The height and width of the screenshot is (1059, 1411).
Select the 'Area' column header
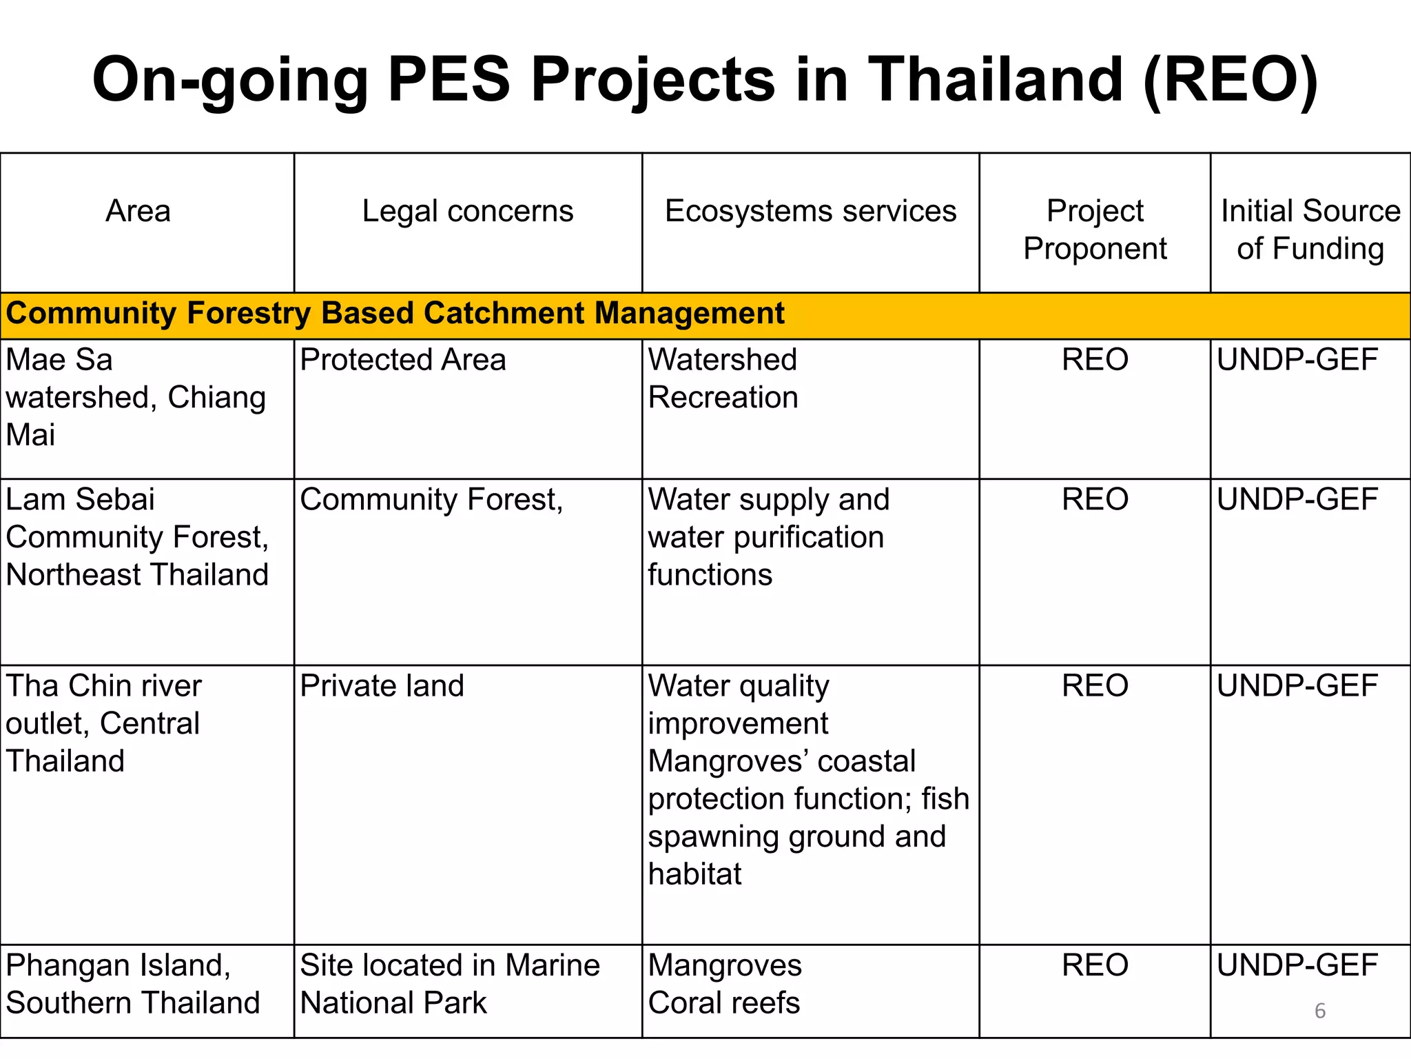pos(138,211)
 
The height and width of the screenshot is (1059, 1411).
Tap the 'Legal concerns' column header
pos(468,211)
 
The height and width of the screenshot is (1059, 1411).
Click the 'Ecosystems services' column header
pos(810,211)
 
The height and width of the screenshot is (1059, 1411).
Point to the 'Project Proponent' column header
pos(1095,230)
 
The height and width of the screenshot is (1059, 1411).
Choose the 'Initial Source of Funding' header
pos(1310,230)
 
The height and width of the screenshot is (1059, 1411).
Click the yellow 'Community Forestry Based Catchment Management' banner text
pos(395,314)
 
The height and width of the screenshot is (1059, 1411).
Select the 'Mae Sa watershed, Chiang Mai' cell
pos(136,398)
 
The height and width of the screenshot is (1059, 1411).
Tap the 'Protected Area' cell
pos(403,360)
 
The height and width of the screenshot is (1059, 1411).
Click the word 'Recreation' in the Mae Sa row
pos(723,398)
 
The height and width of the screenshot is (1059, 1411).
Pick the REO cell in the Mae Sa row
pos(1095,360)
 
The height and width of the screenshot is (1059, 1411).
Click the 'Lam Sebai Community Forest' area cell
pos(137,537)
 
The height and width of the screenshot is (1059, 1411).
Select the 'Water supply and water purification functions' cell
pos(768,537)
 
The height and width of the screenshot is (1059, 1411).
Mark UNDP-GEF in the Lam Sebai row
pos(1297,499)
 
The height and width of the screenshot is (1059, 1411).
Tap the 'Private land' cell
pos(382,686)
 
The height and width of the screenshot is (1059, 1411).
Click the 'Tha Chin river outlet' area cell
pos(103,723)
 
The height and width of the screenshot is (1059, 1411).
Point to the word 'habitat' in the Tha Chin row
pos(695,874)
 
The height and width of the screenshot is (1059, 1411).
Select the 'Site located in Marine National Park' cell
pos(450,984)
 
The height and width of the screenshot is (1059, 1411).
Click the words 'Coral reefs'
pos(724,1003)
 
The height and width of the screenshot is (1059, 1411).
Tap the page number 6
pos(1320,1011)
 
